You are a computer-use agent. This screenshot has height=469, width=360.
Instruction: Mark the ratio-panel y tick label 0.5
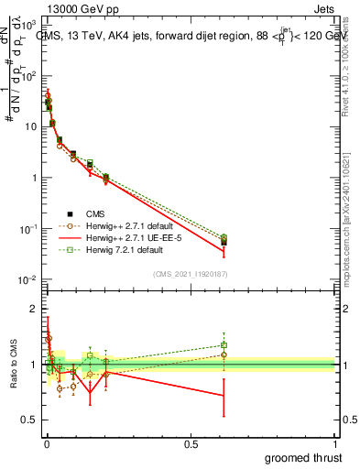31,420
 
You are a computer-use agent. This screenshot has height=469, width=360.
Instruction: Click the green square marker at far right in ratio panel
224,345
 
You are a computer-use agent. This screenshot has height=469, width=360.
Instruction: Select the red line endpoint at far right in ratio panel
224,396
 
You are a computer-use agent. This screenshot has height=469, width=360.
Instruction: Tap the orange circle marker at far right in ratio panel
224,354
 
